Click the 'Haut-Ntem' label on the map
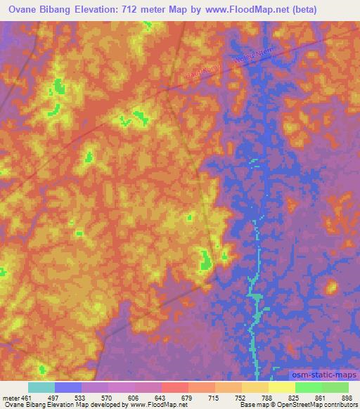point(204,72)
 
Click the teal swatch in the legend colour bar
point(41,387)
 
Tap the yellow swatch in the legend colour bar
point(282,387)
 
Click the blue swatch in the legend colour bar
point(68,387)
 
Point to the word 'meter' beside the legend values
point(11,397)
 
